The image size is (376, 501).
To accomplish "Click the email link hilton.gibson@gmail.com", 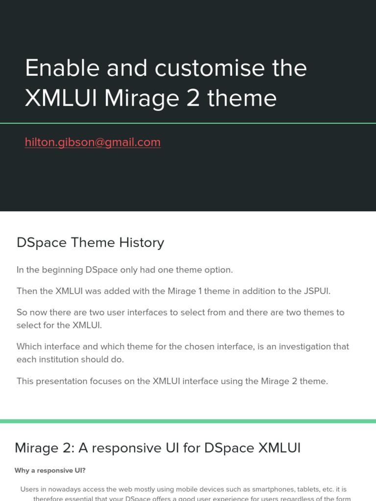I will pos(93,142).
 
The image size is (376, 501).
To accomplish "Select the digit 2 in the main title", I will pos(193,98).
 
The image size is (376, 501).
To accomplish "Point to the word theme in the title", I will pos(242,98).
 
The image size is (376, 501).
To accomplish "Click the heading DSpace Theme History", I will pos(90,243).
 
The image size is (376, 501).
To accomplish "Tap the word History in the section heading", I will pos(142,243).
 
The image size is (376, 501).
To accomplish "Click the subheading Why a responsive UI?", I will pos(50,471).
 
